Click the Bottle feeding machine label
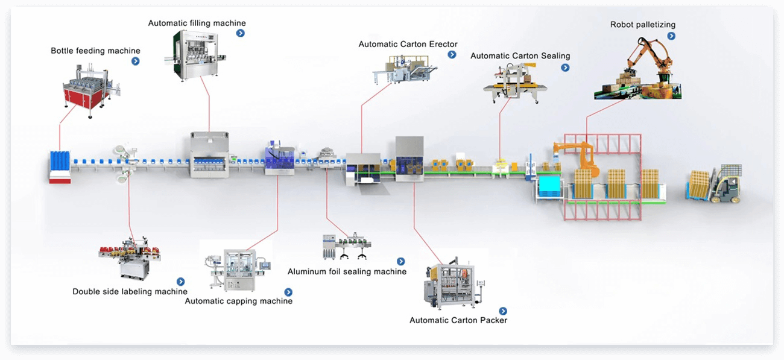(x=95, y=51)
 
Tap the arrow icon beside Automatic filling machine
(x=240, y=33)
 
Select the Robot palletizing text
(x=643, y=25)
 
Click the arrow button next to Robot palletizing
(x=671, y=36)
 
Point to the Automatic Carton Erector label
(x=408, y=44)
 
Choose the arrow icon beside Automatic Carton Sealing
(x=565, y=68)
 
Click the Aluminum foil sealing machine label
(x=347, y=271)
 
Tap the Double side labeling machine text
(x=130, y=291)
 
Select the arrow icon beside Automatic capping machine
(x=288, y=292)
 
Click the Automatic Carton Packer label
(x=458, y=320)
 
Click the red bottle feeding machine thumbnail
(x=90, y=90)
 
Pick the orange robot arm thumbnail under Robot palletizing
(x=637, y=68)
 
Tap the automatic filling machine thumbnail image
(x=195, y=55)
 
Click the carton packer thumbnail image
(x=454, y=283)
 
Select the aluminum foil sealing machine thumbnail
(x=346, y=246)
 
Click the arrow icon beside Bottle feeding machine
(x=136, y=62)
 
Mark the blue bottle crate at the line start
(x=60, y=167)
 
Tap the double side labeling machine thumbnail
(x=130, y=258)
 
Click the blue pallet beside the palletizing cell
(x=549, y=186)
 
